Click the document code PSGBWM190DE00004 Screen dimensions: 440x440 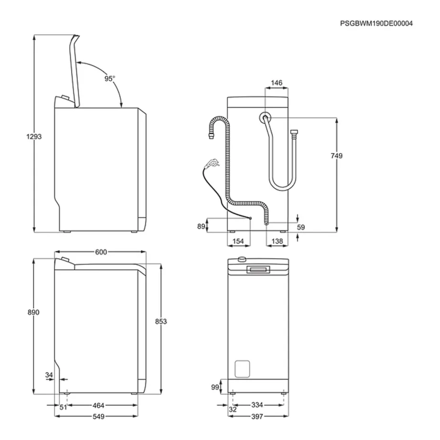[377, 23]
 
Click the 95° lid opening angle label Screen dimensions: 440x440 [110, 78]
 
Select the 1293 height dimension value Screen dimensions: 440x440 [34, 136]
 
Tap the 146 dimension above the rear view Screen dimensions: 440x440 [276, 83]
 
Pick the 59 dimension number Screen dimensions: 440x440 [300, 228]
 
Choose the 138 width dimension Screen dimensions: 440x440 [277, 242]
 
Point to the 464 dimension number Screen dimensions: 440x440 [98, 406]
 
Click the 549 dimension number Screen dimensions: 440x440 [98, 417]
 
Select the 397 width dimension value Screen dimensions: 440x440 [257, 417]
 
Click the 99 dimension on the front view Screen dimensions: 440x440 [215, 387]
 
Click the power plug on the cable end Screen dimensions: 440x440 [210, 164]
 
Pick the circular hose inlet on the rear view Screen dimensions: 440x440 [264, 117]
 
